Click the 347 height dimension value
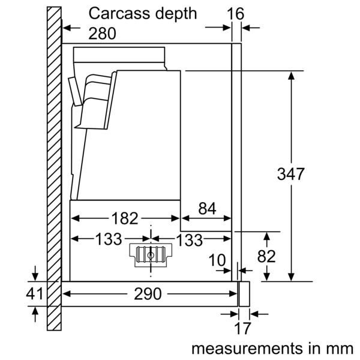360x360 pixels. pos(291,175)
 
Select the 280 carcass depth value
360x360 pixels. pos(103,34)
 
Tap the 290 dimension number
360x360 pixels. pos(147,294)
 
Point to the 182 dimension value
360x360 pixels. pos(125,218)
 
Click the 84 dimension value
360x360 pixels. pos(206,209)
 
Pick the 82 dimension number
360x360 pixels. pos(266,256)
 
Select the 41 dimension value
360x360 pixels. pos(35,294)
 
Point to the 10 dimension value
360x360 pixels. pos(218,260)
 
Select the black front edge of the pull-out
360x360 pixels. pos(243,294)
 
